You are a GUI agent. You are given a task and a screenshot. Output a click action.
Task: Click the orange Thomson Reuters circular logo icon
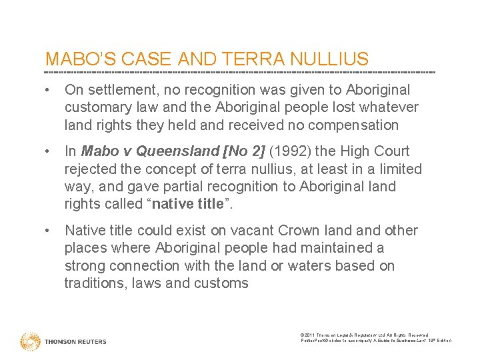point(30,341)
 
